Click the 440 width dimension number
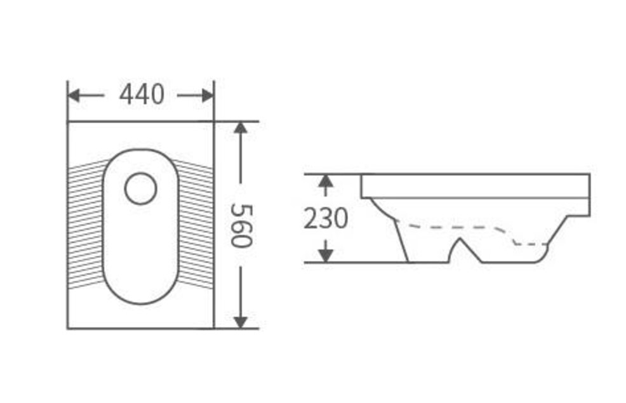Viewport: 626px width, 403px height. pyautogui.click(x=142, y=95)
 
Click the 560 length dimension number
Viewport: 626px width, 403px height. pyautogui.click(x=241, y=226)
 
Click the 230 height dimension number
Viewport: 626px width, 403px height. pyautogui.click(x=326, y=219)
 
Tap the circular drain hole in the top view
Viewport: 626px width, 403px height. pyautogui.click(x=140, y=188)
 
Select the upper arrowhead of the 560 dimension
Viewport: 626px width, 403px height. pyautogui.click(x=241, y=128)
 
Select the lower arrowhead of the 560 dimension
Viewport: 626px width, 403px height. pyautogui.click(x=241, y=322)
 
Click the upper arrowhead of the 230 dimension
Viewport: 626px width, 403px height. pyautogui.click(x=326, y=182)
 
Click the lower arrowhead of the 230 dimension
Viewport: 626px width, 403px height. pyautogui.click(x=326, y=255)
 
